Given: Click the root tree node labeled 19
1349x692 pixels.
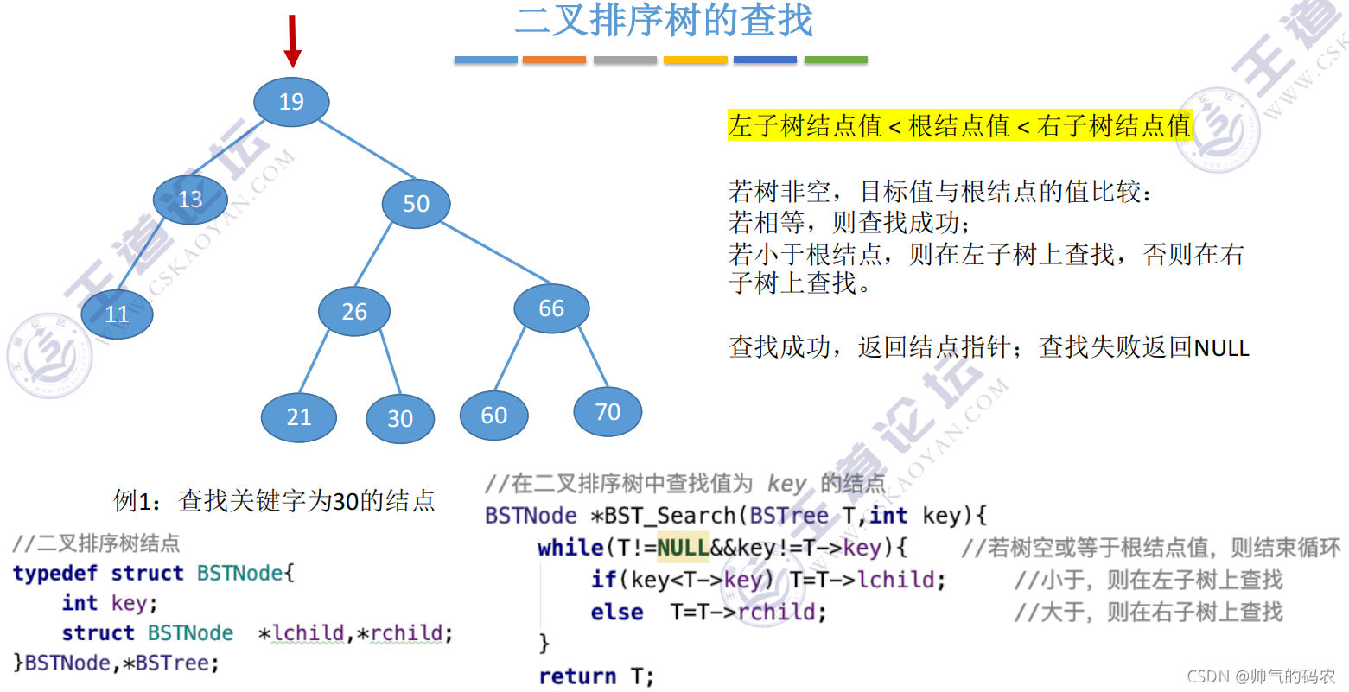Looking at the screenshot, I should coord(291,102).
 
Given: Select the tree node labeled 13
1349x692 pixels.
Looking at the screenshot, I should coord(190,200).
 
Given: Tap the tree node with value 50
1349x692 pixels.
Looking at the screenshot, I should coord(416,203).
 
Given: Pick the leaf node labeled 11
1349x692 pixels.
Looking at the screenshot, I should coord(117,314).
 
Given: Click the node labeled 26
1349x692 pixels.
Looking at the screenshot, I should coord(354,311).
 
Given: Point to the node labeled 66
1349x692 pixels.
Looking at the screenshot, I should coord(551,308).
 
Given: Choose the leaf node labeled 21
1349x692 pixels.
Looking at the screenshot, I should coord(299,417).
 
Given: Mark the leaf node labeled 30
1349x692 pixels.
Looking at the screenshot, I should coord(399,418).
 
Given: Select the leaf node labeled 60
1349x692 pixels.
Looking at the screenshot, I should coord(493,416).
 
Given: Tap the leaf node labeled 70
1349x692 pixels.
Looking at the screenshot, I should coord(608,411).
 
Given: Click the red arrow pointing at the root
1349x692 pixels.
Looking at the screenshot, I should coord(293,40).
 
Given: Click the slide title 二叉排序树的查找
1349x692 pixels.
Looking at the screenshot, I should coord(664,20).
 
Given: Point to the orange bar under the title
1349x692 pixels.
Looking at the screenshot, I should coord(554,60).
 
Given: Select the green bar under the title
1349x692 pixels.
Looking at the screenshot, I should coord(836,60).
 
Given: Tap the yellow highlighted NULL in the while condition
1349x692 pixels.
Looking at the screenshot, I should coord(683,548).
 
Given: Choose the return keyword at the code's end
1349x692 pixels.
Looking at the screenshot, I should coord(577,676).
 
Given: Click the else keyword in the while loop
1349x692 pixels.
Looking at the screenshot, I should coord(617,613).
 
